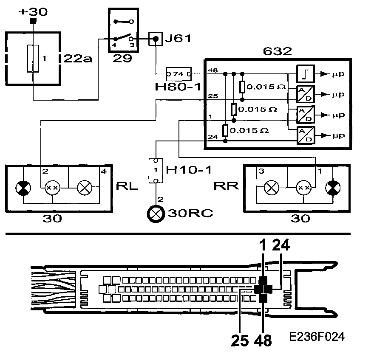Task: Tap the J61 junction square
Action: [156, 39]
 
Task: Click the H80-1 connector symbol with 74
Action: [178, 73]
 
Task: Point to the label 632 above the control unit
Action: [278, 51]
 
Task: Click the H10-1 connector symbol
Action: [156, 171]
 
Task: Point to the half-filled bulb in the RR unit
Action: [331, 187]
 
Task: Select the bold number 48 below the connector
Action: [263, 340]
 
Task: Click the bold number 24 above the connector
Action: [281, 245]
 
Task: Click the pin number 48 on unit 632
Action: [212, 70]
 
